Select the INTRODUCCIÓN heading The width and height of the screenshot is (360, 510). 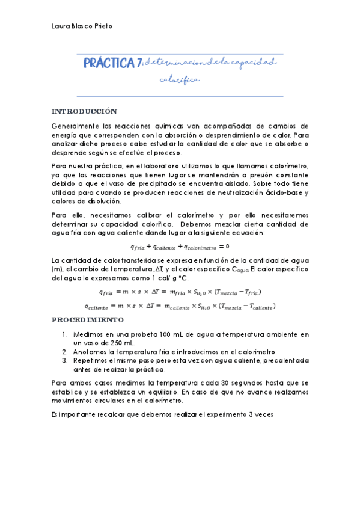pos(84,112)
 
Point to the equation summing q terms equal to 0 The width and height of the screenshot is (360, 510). pos(180,246)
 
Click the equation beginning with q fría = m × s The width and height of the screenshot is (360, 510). pos(180,292)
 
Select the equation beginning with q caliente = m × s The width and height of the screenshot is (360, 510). pos(180,306)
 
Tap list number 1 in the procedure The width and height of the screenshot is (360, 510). pos(65,334)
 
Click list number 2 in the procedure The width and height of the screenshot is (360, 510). pos(65,351)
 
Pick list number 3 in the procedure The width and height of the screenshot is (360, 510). pos(65,360)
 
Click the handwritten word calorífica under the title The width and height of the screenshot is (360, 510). pos(178,79)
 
